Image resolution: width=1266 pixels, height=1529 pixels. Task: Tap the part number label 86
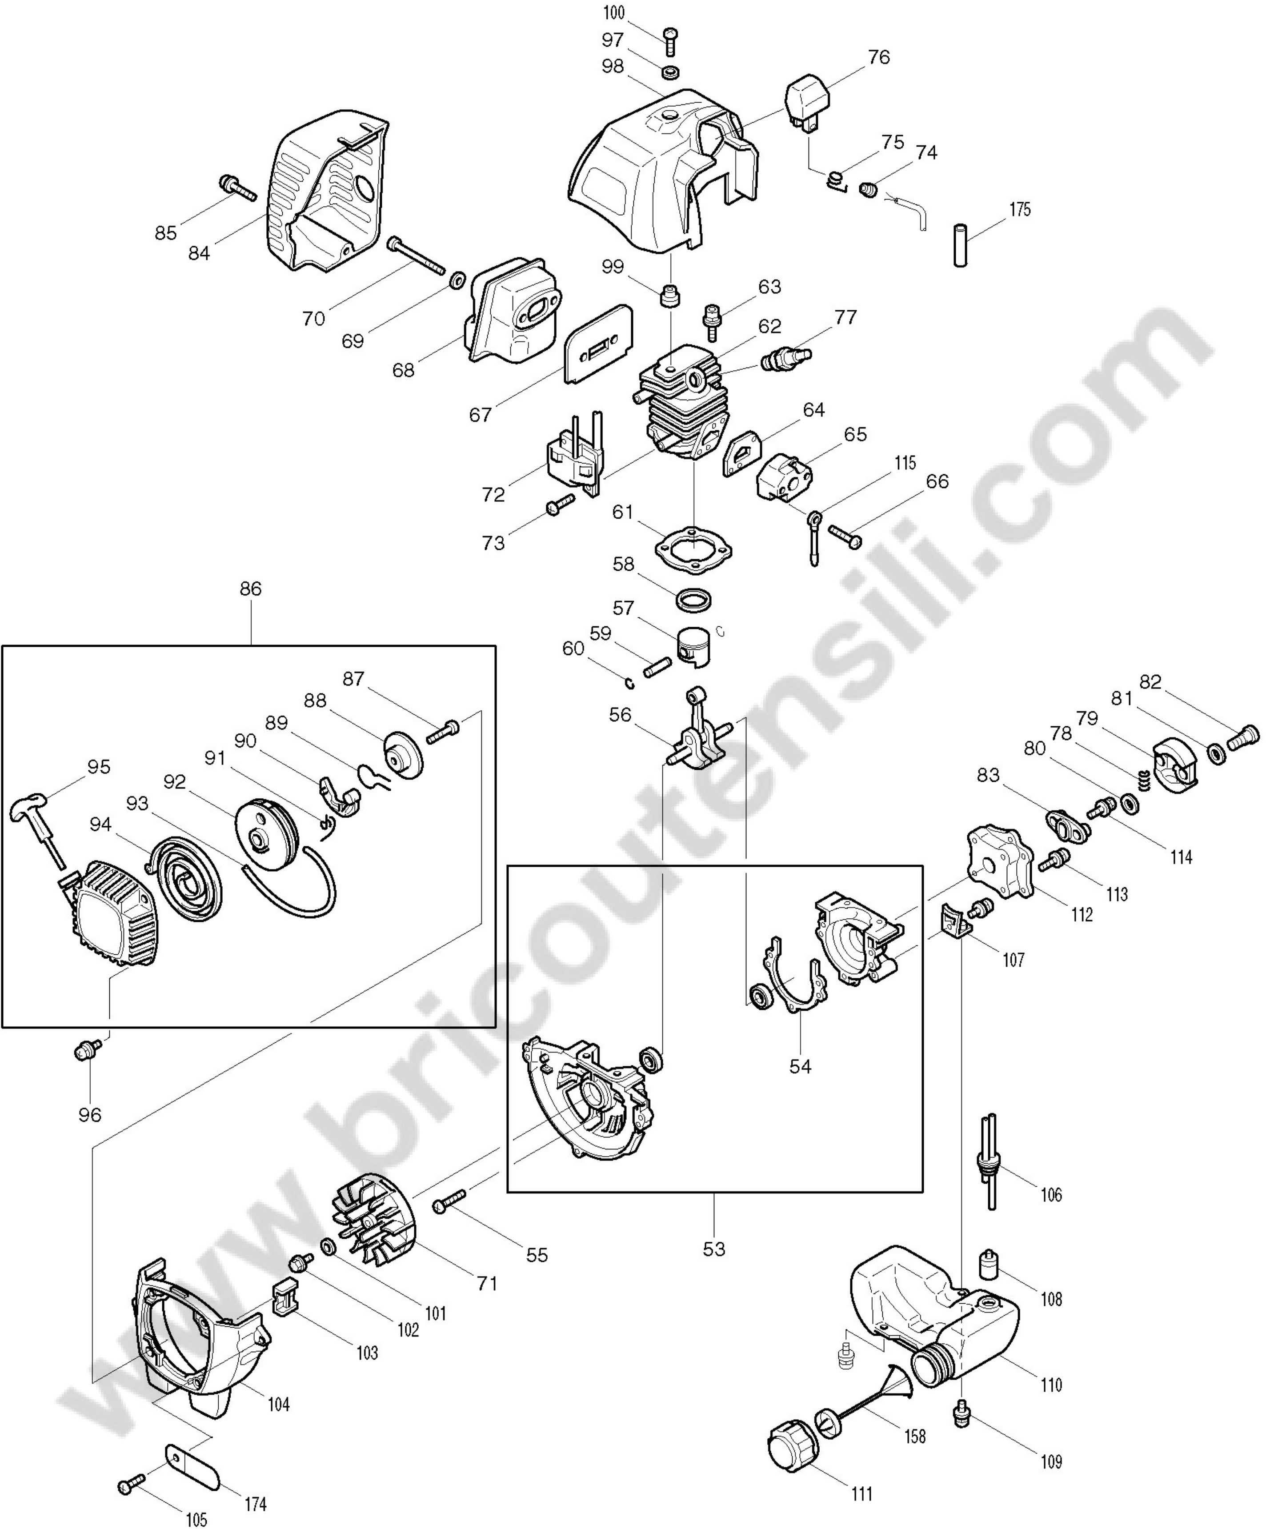[250, 588]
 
